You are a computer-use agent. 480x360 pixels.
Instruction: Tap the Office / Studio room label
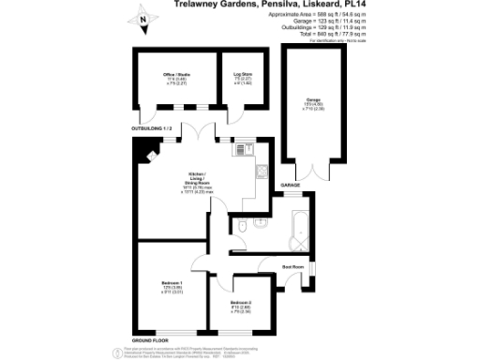[x=176, y=73]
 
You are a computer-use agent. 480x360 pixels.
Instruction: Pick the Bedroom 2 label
[x=241, y=302]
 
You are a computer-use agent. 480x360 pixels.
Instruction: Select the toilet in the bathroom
[x=243, y=227]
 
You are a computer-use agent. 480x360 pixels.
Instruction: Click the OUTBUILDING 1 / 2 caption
[x=152, y=127]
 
